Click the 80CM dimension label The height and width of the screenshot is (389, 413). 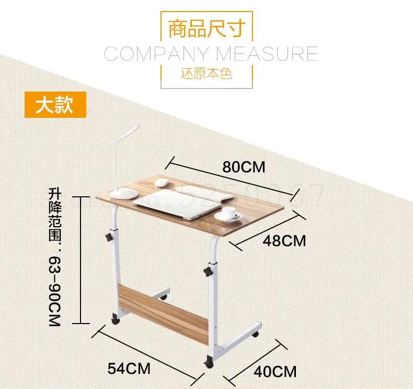(x=244, y=167)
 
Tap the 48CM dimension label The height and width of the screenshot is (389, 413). (x=283, y=241)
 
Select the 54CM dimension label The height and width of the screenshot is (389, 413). (x=129, y=368)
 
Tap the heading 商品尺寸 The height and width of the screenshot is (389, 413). (x=206, y=29)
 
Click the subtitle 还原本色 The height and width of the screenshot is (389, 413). (x=206, y=73)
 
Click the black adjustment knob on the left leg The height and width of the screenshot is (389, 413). (x=109, y=237)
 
